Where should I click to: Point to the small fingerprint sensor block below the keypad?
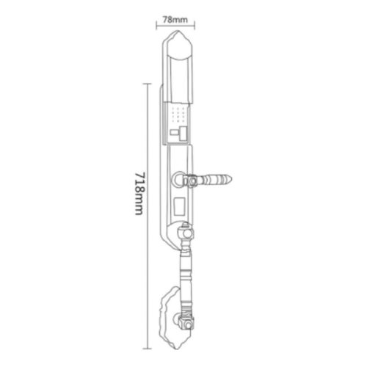click(178, 134)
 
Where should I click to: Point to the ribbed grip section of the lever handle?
click(217, 178)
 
